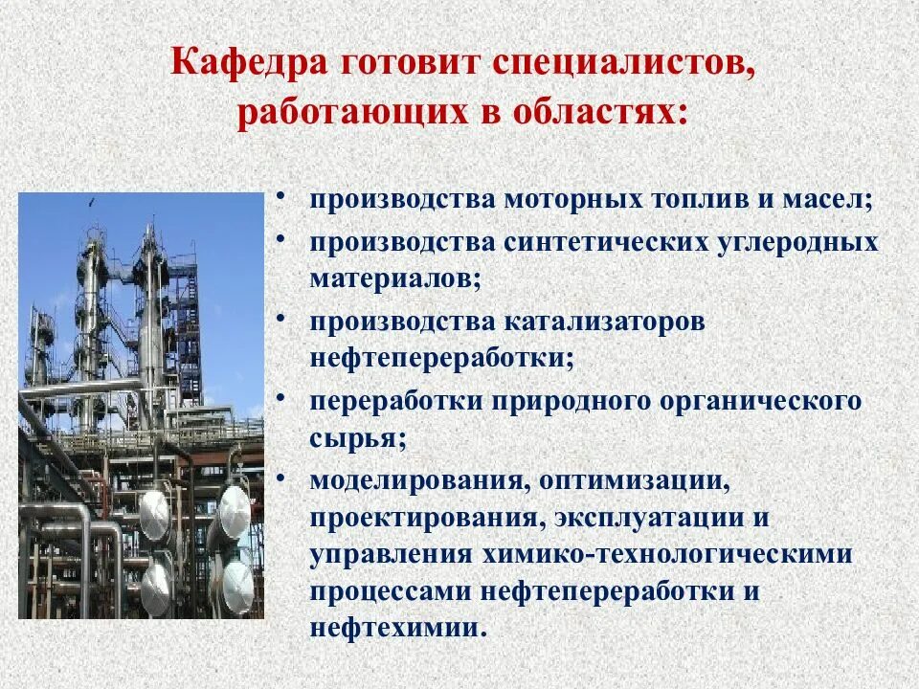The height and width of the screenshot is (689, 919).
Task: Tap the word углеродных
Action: pos(796,241)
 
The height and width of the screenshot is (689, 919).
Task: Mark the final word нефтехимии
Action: pos(397,629)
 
